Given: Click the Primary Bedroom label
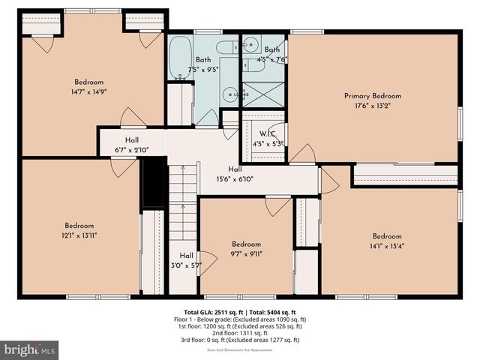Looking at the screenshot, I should [x=372, y=96].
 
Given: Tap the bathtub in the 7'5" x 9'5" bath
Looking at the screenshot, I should [x=178, y=58].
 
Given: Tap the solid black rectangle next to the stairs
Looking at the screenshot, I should [x=153, y=181].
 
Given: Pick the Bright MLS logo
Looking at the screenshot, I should [x=30, y=349].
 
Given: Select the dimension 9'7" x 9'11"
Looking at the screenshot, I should [x=246, y=253].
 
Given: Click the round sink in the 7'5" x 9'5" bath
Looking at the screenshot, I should [x=232, y=94].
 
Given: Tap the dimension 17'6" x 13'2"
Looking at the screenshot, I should [x=372, y=106].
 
